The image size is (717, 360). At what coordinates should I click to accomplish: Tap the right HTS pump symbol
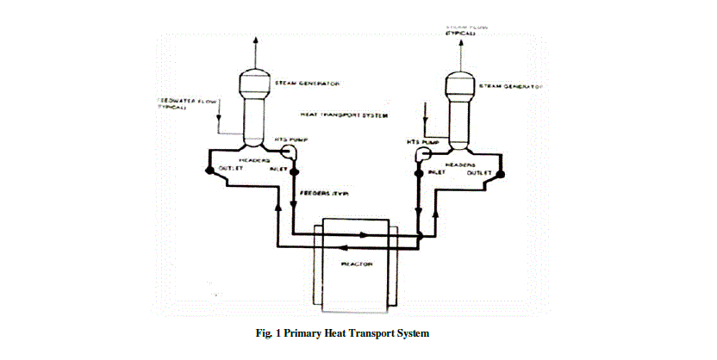point(423,153)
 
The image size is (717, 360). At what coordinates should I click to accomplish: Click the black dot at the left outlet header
point(207,171)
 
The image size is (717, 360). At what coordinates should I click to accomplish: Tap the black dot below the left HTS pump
point(295,171)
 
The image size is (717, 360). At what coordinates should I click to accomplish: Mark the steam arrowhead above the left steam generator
point(255,40)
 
